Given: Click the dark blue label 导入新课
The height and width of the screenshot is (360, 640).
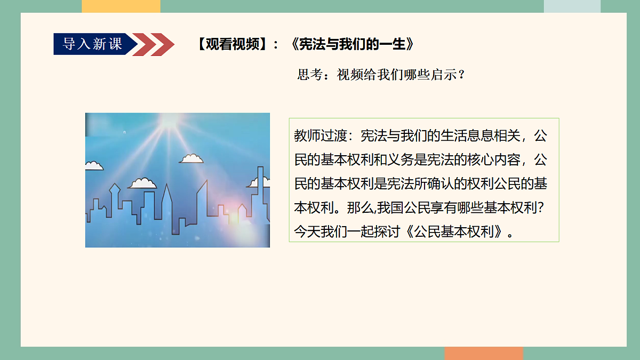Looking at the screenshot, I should click(92, 44).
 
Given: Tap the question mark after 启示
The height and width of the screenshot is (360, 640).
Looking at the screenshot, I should click(462, 75).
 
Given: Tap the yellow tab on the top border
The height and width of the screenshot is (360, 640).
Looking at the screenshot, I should click(121, 6).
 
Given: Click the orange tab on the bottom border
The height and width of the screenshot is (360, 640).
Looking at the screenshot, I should click(484, 354).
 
